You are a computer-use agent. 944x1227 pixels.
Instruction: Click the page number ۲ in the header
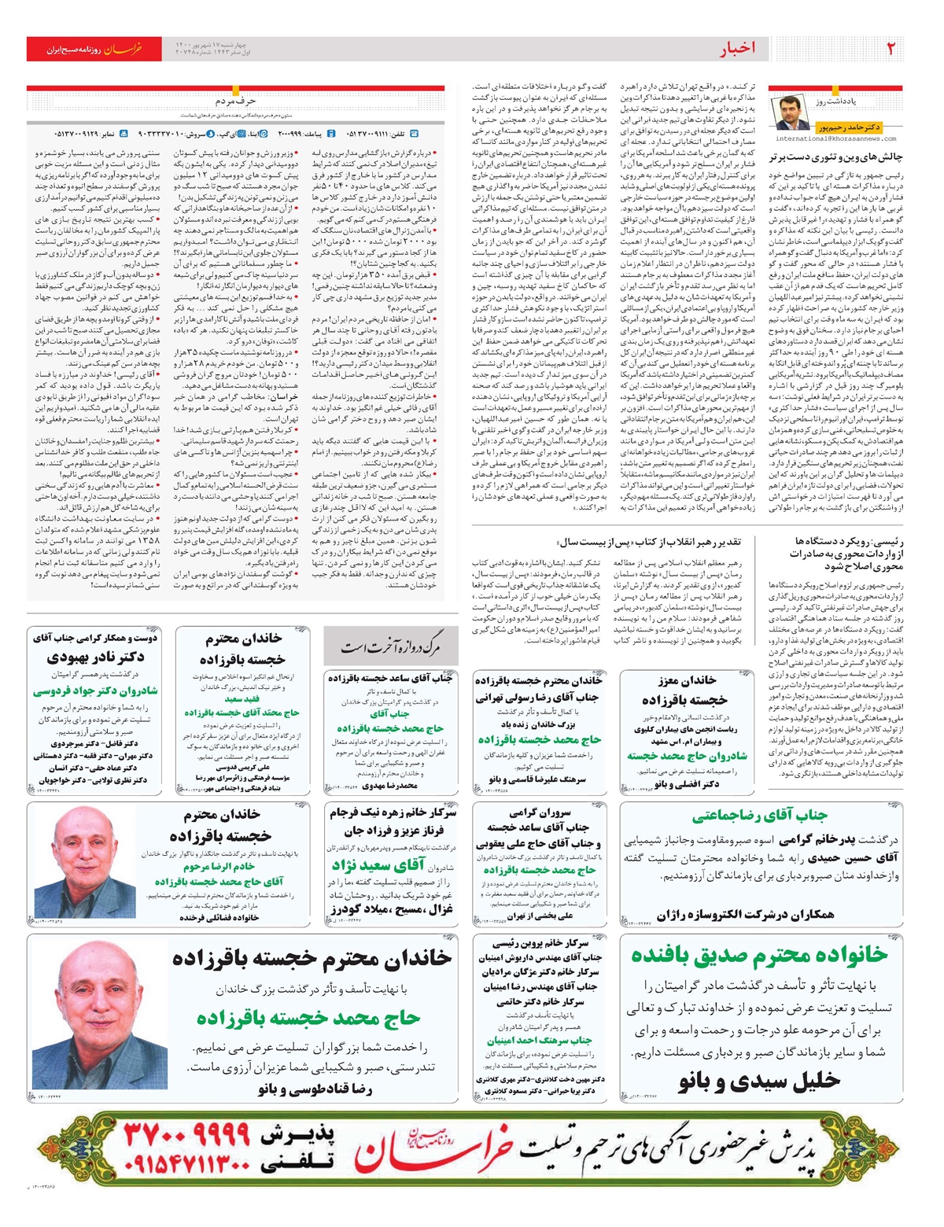pos(891,48)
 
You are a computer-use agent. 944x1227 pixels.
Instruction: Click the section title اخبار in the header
pos(737,49)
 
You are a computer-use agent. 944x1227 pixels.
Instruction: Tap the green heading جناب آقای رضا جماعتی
pos(760,816)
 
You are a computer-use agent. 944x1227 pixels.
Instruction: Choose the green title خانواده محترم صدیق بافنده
pos(759,955)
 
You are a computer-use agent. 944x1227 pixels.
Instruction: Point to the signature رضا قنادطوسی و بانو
pos(315,1089)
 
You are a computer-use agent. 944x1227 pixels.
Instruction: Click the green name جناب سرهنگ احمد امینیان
pos(539,1041)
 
